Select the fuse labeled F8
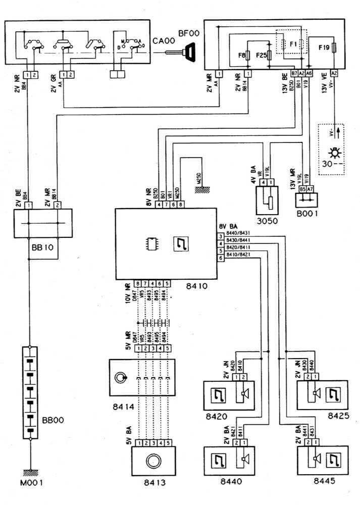tap(247, 55)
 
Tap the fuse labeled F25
tap(270, 55)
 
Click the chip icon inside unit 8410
tap(150, 243)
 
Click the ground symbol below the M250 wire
tap(199, 188)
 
